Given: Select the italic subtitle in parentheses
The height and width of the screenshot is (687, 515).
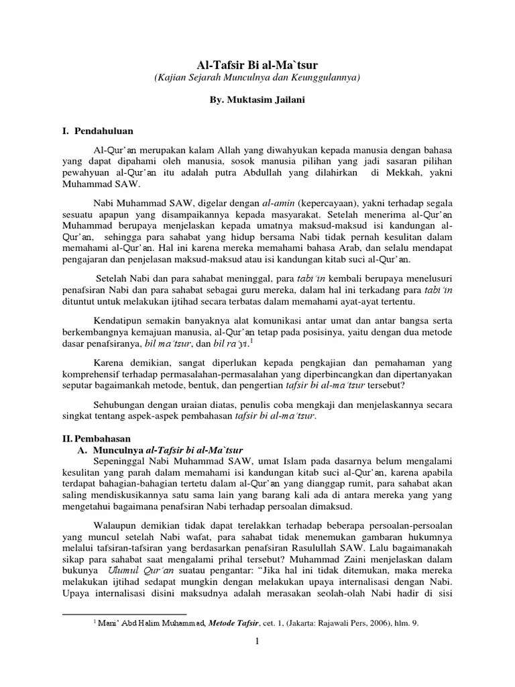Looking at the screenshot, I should (x=257, y=78).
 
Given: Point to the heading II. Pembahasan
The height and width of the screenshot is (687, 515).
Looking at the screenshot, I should (x=94, y=437).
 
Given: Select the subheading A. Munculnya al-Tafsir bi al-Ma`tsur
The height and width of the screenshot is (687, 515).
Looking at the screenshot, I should (x=161, y=450).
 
